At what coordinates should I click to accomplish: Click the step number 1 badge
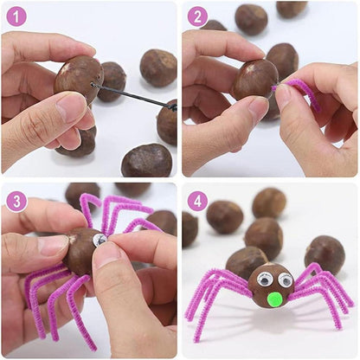pyautogui.click(x=16, y=16)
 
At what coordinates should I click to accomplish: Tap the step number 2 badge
pyautogui.click(x=197, y=16)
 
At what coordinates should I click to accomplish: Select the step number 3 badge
pyautogui.click(x=16, y=202)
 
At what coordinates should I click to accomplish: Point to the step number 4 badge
pyautogui.click(x=197, y=202)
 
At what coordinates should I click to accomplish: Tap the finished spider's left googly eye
pyautogui.click(x=265, y=279)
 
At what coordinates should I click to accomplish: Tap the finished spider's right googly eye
pyautogui.click(x=285, y=280)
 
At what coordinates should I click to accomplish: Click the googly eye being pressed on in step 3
pyautogui.click(x=100, y=240)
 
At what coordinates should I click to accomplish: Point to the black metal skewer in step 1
pyautogui.click(x=133, y=97)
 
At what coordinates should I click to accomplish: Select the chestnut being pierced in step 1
pyautogui.click(x=79, y=79)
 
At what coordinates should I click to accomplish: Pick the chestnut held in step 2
pyautogui.click(x=256, y=80)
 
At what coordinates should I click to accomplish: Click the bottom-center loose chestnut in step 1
pyautogui.click(x=147, y=160)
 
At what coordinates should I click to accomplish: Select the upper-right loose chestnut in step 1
pyautogui.click(x=158, y=67)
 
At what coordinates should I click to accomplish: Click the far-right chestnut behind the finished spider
pyautogui.click(x=325, y=254)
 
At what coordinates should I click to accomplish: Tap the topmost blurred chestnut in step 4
pyautogui.click(x=269, y=203)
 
